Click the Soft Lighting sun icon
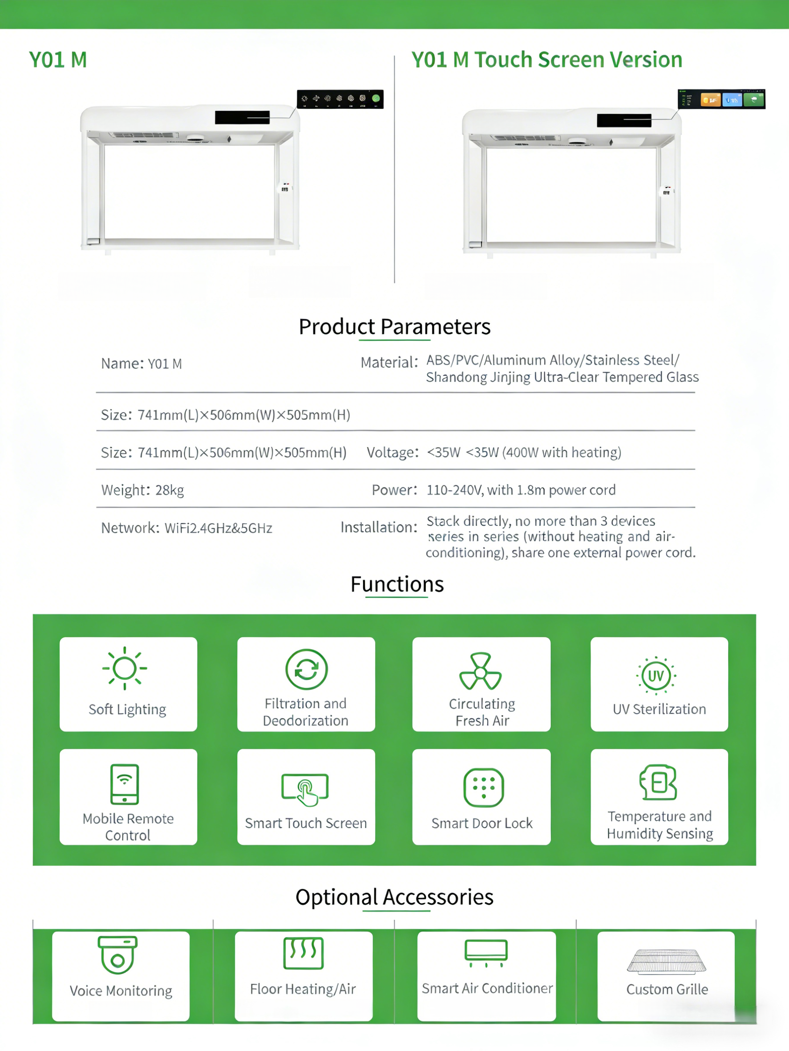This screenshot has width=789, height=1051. click(125, 668)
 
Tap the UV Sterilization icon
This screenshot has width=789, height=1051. click(656, 675)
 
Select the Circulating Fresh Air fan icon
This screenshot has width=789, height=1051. click(480, 671)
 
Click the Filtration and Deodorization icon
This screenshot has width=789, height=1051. click(306, 669)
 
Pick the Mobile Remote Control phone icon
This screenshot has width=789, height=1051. click(125, 784)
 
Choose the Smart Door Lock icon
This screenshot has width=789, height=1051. click(483, 787)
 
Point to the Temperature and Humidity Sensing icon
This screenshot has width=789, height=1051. click(659, 782)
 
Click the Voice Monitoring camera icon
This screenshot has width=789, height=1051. click(117, 955)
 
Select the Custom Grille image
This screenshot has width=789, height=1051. click(666, 961)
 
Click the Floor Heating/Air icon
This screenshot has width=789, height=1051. click(303, 953)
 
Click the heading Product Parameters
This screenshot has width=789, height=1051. click(394, 327)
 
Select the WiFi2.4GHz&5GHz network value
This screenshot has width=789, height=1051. click(218, 528)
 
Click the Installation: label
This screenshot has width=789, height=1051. click(379, 527)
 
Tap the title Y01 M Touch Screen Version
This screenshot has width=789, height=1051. click(546, 60)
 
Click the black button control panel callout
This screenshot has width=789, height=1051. click(340, 99)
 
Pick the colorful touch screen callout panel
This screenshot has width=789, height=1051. click(721, 99)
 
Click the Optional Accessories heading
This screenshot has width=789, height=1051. click(394, 897)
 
